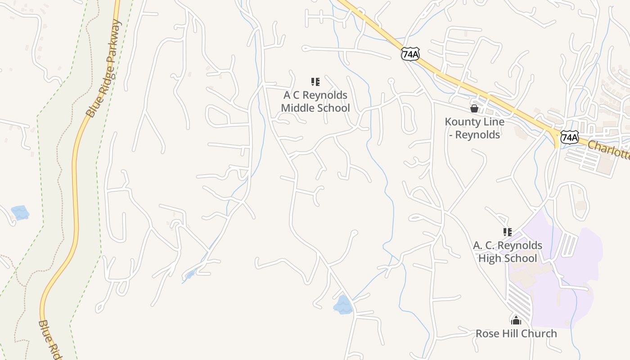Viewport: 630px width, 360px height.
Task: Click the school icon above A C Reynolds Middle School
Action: [315, 82]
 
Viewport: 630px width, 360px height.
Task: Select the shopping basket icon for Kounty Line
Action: [474, 108]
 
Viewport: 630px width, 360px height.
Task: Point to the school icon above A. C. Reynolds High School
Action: [508, 232]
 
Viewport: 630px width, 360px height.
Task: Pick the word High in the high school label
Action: [488, 258]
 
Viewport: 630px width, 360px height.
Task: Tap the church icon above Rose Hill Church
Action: [516, 320]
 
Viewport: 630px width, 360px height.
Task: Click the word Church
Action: [540, 334]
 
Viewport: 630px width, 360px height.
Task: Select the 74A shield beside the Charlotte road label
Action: [569, 137]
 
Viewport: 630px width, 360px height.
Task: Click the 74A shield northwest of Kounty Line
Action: [410, 54]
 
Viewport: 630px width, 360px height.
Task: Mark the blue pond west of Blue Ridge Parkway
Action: [20, 212]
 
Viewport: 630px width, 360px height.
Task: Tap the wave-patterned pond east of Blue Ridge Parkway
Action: [343, 305]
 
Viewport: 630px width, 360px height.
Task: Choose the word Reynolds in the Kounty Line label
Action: [482, 135]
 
